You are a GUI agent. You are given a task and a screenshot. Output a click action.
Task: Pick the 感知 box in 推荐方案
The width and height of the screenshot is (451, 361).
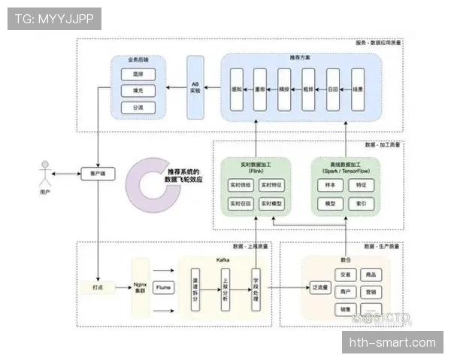[x=236, y=89]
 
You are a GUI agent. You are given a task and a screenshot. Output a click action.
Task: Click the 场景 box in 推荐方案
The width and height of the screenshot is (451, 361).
[x=356, y=89]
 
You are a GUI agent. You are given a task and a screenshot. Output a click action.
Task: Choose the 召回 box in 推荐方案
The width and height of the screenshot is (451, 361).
[x=332, y=89]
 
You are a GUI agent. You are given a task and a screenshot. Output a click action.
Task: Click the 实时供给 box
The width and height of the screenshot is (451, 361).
[x=240, y=185]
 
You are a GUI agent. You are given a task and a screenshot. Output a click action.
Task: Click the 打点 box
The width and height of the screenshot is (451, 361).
[x=98, y=287]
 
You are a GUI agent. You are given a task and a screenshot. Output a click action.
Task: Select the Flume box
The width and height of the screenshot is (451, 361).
[x=163, y=287]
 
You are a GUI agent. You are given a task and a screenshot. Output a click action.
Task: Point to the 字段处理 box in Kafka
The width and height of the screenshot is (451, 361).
[x=256, y=287]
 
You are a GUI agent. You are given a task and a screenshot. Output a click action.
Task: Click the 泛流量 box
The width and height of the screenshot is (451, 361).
[x=321, y=287]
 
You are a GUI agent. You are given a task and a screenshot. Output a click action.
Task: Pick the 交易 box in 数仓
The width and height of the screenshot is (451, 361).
[x=344, y=275]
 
